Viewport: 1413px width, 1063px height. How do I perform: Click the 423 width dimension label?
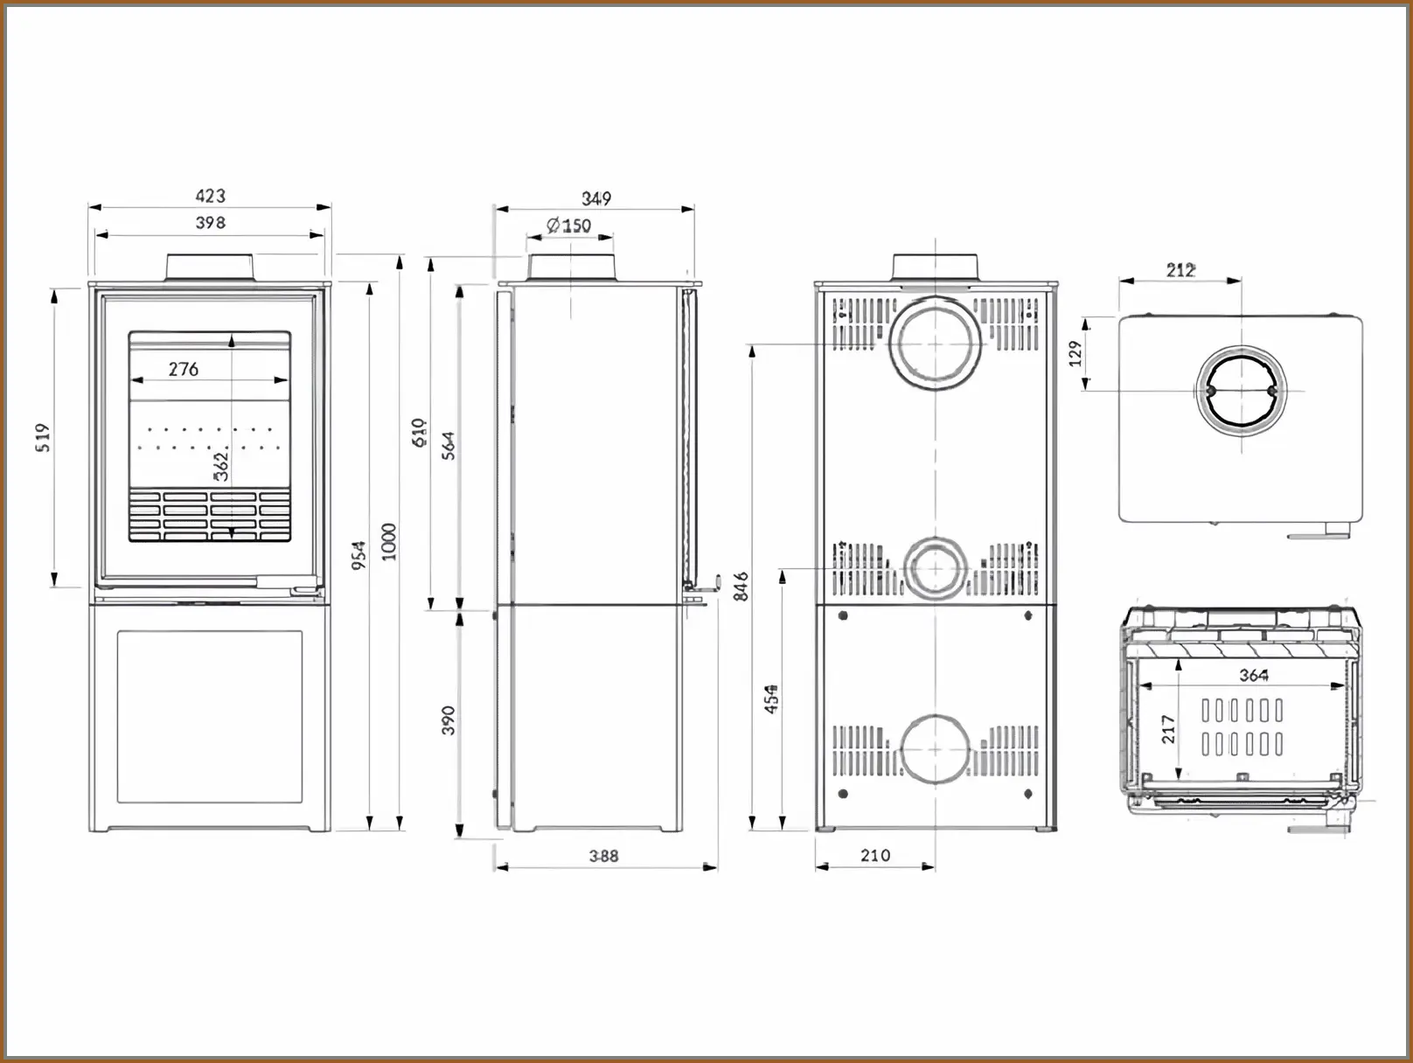click(210, 196)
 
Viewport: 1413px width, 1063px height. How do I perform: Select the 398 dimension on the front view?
click(210, 223)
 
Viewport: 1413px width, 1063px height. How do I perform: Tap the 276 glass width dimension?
click(184, 369)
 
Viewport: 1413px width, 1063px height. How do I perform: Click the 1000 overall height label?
click(389, 541)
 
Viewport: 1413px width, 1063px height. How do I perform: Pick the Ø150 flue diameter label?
click(569, 226)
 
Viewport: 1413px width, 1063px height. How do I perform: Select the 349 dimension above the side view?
click(596, 198)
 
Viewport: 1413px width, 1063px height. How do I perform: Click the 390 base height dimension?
click(448, 720)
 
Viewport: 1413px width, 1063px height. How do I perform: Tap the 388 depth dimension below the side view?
click(603, 856)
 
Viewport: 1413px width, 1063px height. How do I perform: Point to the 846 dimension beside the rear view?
click(741, 586)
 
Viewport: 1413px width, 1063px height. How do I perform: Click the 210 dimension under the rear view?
click(875, 856)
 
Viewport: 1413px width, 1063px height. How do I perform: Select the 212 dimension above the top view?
click(1180, 270)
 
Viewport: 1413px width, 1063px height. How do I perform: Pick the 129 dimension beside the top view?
click(1075, 353)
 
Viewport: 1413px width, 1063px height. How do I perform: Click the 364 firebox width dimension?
click(1254, 675)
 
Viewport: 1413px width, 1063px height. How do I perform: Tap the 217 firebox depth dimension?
click(1168, 730)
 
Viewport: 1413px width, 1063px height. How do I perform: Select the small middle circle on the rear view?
click(936, 568)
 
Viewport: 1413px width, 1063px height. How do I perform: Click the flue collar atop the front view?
click(211, 267)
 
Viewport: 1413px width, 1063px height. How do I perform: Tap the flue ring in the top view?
click(1242, 391)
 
